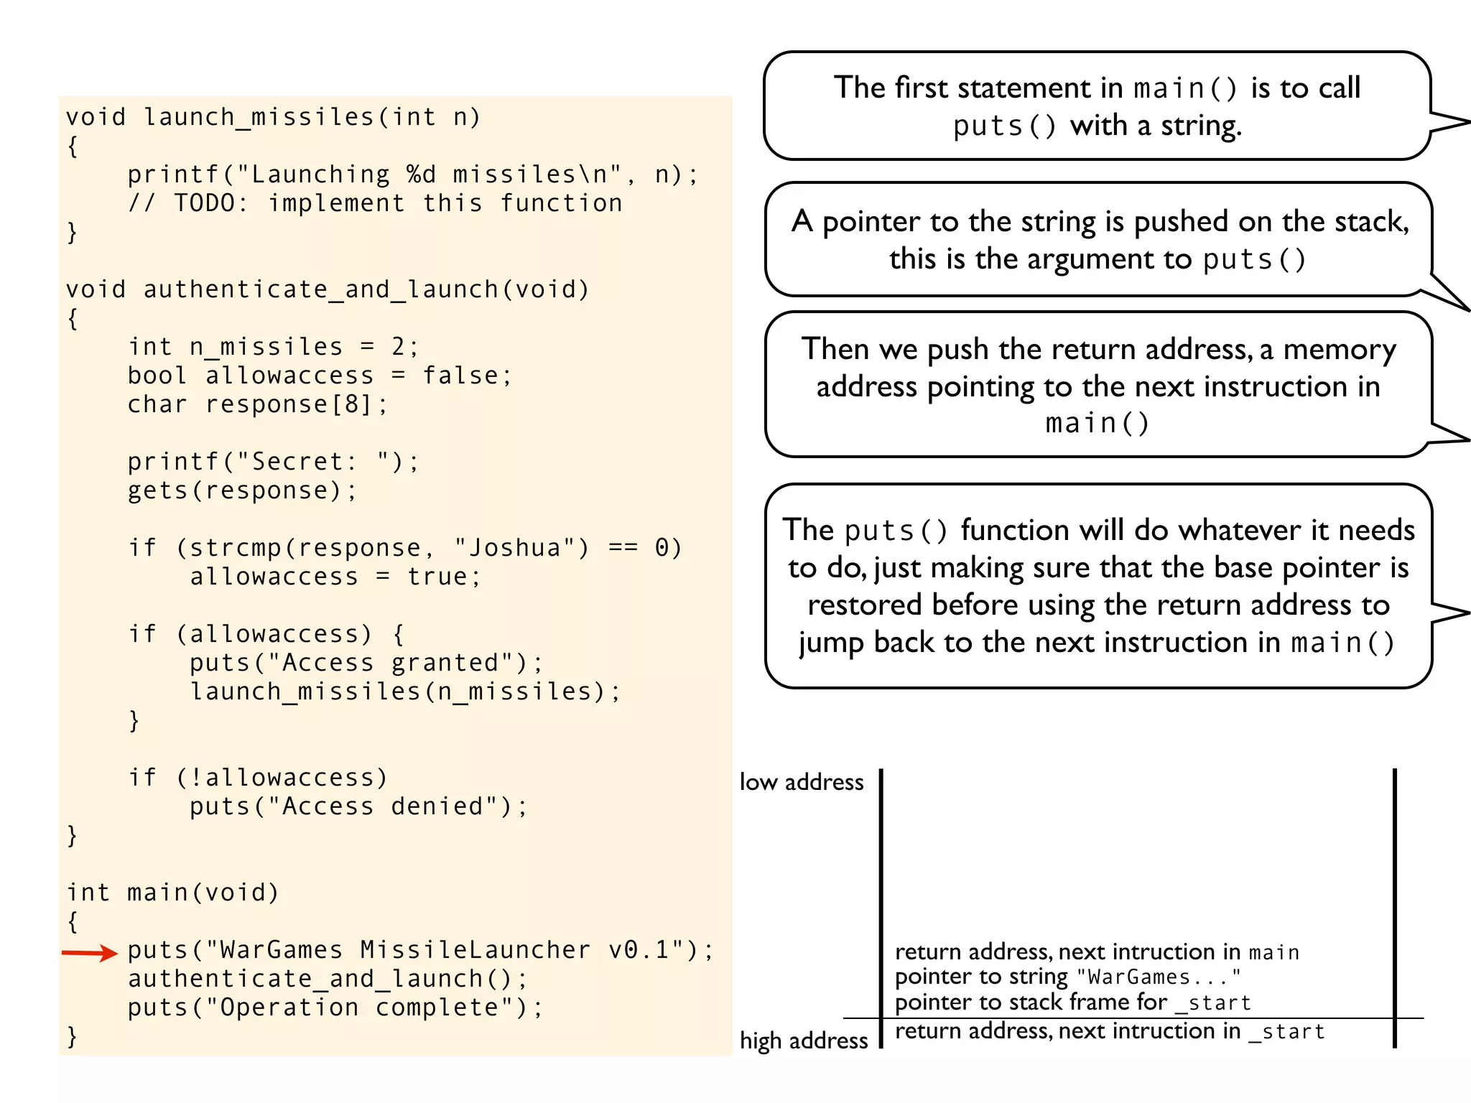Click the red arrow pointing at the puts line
(89, 953)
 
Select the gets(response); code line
(241, 490)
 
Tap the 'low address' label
(802, 782)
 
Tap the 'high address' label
(804, 1041)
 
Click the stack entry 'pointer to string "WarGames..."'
(1067, 977)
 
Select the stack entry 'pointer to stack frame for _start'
(1072, 1002)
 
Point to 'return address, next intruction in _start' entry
(1109, 1031)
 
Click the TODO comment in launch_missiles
(375, 203)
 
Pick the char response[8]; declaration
(258, 404)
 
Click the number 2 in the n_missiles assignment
(398, 347)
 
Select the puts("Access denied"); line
(358, 806)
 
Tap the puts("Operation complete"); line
(335, 1007)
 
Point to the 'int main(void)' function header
(172, 893)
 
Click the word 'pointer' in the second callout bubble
(871, 222)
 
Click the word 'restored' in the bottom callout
(864, 605)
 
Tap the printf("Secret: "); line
(273, 462)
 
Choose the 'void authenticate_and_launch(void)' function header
(328, 289)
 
